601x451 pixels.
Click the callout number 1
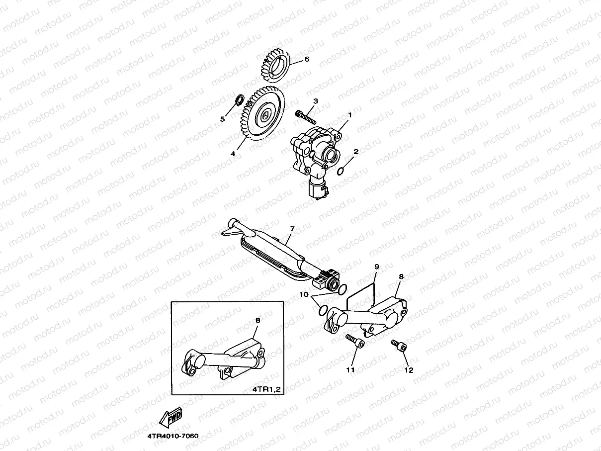[x=349, y=115]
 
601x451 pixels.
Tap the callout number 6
[x=307, y=59]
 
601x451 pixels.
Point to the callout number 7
[x=292, y=229]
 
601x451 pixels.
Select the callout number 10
[x=303, y=295]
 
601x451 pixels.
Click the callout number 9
[x=376, y=267]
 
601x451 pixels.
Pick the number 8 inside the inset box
[x=258, y=321]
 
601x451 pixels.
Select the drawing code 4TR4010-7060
[x=172, y=436]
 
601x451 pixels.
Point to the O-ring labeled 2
[x=341, y=172]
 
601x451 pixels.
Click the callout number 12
[x=409, y=370]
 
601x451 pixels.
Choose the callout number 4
[x=233, y=154]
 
